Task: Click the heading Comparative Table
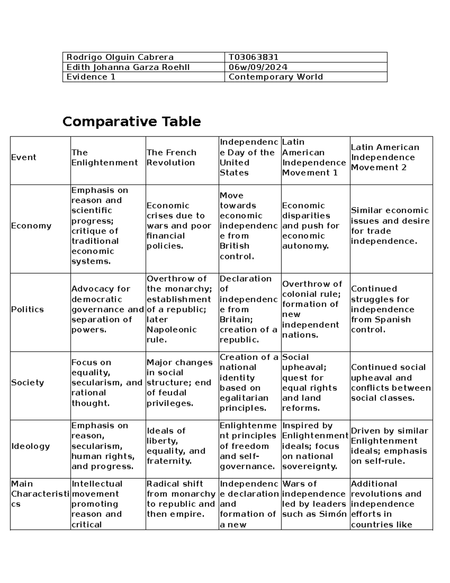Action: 132,122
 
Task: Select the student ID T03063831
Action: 253,57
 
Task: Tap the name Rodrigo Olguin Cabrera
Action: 120,57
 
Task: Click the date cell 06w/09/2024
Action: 258,67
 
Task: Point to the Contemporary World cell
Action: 276,77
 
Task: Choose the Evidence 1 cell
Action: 91,77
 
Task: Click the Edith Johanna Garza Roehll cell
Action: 128,67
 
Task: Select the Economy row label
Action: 31,226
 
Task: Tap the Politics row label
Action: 27,309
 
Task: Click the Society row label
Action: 27,383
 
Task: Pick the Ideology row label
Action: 30,446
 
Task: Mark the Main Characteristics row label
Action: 40,494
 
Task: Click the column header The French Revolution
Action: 171,157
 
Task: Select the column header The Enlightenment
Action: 105,157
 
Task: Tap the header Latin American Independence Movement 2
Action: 385,157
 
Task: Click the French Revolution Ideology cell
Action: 176,446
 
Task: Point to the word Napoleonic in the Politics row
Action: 171,330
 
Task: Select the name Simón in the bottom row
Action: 336,514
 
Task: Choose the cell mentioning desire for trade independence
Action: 390,226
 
